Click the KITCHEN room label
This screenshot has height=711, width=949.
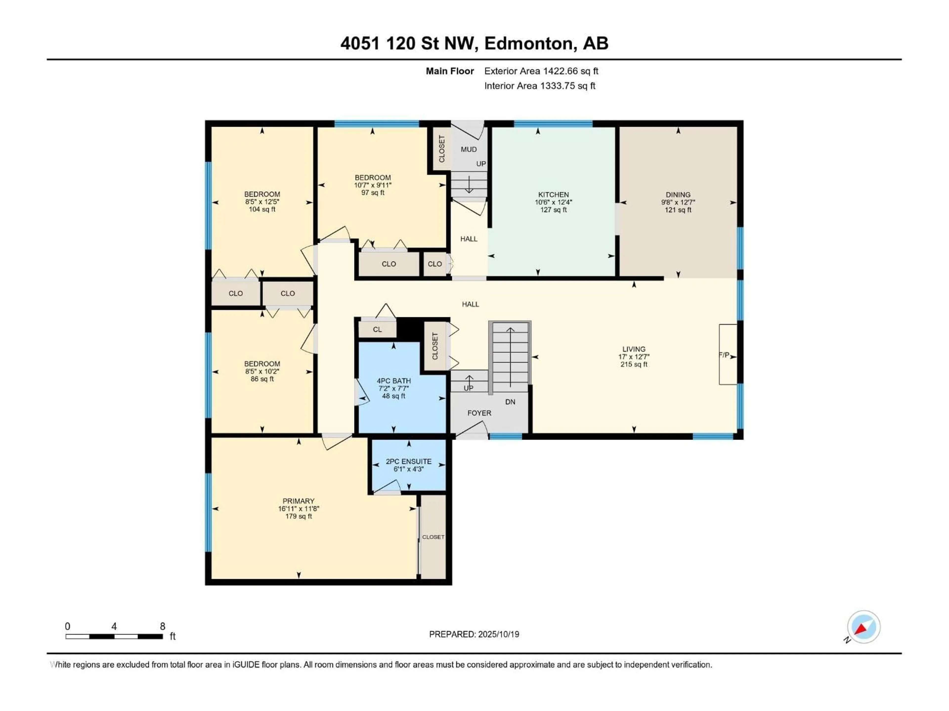[553, 195]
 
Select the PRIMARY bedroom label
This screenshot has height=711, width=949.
[298, 501]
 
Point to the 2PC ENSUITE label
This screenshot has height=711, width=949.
[409, 462]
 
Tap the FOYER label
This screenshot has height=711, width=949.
[479, 413]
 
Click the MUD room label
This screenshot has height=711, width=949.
[469, 150]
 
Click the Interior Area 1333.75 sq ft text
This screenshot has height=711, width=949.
[540, 86]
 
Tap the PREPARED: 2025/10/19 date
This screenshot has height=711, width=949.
[474, 634]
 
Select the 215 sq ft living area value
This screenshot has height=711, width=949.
[634, 364]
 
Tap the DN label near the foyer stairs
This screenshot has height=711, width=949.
[510, 402]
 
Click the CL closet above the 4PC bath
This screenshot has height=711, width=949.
[377, 330]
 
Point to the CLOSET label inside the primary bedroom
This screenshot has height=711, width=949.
[433, 537]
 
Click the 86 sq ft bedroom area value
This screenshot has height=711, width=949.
[262, 379]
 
